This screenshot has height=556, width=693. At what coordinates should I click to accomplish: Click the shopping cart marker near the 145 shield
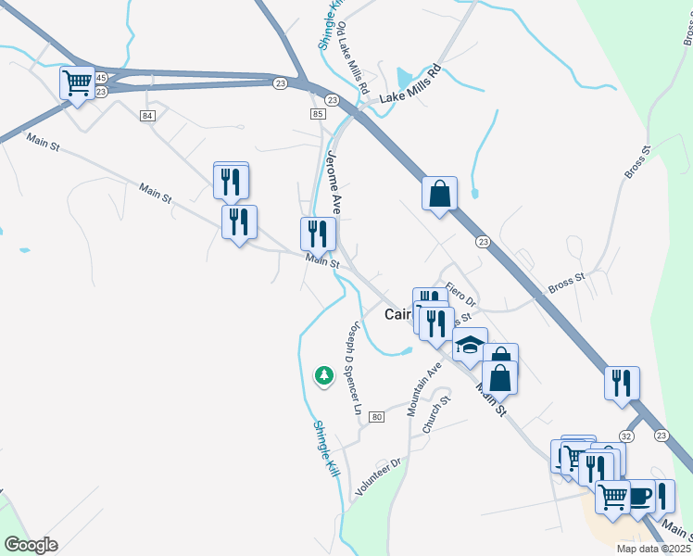(77, 83)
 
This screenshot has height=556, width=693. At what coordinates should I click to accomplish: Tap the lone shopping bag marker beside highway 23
(439, 195)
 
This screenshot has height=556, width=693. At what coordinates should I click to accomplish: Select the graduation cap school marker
(470, 347)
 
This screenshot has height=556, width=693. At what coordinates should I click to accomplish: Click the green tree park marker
(323, 375)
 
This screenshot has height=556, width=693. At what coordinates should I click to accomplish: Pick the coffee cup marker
(639, 497)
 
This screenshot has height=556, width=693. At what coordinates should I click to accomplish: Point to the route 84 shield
(148, 115)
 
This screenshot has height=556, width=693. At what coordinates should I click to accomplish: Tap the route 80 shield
(376, 417)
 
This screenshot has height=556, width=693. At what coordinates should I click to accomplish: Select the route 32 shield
(627, 435)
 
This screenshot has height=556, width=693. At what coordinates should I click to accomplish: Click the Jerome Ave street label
(334, 183)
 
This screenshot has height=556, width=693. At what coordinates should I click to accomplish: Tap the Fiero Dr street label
(460, 295)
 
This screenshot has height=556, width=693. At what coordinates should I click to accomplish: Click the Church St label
(435, 414)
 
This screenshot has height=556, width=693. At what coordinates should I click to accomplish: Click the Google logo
(31, 545)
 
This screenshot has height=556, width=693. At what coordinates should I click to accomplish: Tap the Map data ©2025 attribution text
(653, 549)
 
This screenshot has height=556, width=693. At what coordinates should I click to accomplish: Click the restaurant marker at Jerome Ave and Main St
(317, 234)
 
